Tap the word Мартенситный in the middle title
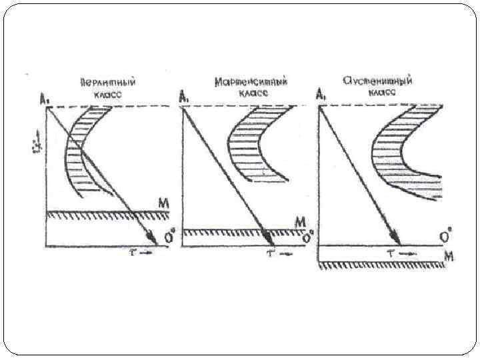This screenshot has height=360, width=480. [252, 82]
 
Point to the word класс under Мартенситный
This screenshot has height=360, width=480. [253, 94]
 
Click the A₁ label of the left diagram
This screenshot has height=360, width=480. [44, 100]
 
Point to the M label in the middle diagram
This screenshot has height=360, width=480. [299, 221]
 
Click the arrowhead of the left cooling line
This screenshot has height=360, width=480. [153, 237]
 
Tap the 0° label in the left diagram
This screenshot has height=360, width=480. [169, 237]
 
